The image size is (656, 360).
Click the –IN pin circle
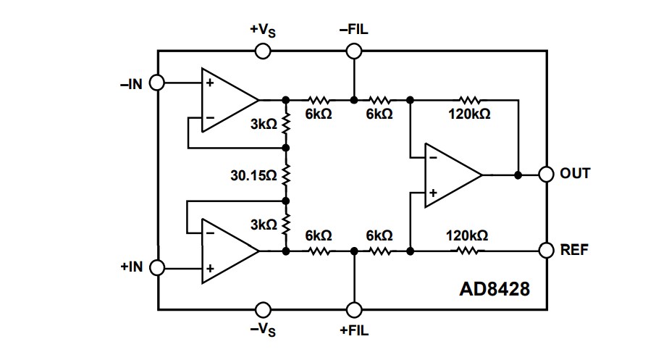158,83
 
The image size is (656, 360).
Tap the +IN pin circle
158,267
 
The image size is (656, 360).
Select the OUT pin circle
546,175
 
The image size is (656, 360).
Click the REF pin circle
546,250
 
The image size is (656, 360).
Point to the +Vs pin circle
263,51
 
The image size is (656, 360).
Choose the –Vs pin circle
263,309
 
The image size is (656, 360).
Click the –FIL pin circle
353,51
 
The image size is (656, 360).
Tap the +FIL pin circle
353,309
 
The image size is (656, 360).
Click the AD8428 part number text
495,289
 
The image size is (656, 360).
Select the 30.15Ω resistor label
253,175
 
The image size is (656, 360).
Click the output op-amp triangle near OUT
449,175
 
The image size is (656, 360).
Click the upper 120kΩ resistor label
469,114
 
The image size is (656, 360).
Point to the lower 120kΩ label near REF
466,235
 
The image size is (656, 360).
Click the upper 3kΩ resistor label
264,124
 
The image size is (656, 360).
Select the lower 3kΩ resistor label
264,225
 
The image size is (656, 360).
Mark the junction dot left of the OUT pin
518,175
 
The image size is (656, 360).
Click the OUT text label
575,174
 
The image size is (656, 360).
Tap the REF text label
574,250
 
